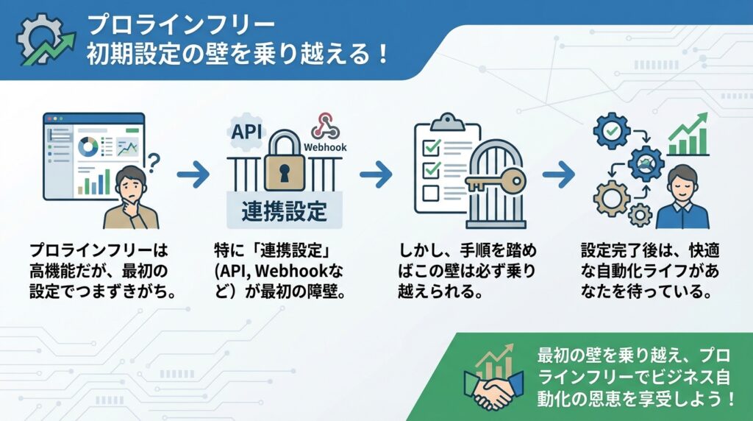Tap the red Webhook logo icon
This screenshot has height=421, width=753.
[324, 126]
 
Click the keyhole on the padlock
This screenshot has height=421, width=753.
[281, 171]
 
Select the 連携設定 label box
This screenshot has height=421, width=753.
[283, 210]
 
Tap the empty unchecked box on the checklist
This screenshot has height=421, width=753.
[432, 194]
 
